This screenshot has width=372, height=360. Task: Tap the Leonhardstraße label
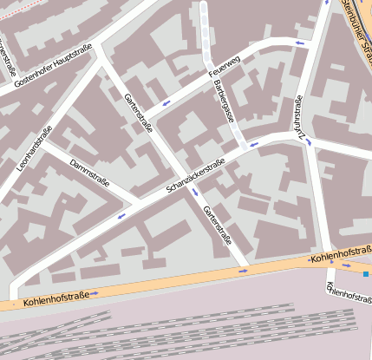coord(35,147)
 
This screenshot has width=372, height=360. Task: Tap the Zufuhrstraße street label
coord(300,117)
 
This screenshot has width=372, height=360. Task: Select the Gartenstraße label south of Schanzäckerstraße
coord(217,225)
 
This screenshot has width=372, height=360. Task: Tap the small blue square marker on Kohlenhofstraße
coord(366,274)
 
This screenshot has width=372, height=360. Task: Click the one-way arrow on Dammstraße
coord(121,215)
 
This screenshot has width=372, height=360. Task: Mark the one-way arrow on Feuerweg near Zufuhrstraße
coord(300,43)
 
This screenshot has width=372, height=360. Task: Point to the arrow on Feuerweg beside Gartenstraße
coord(165,104)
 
